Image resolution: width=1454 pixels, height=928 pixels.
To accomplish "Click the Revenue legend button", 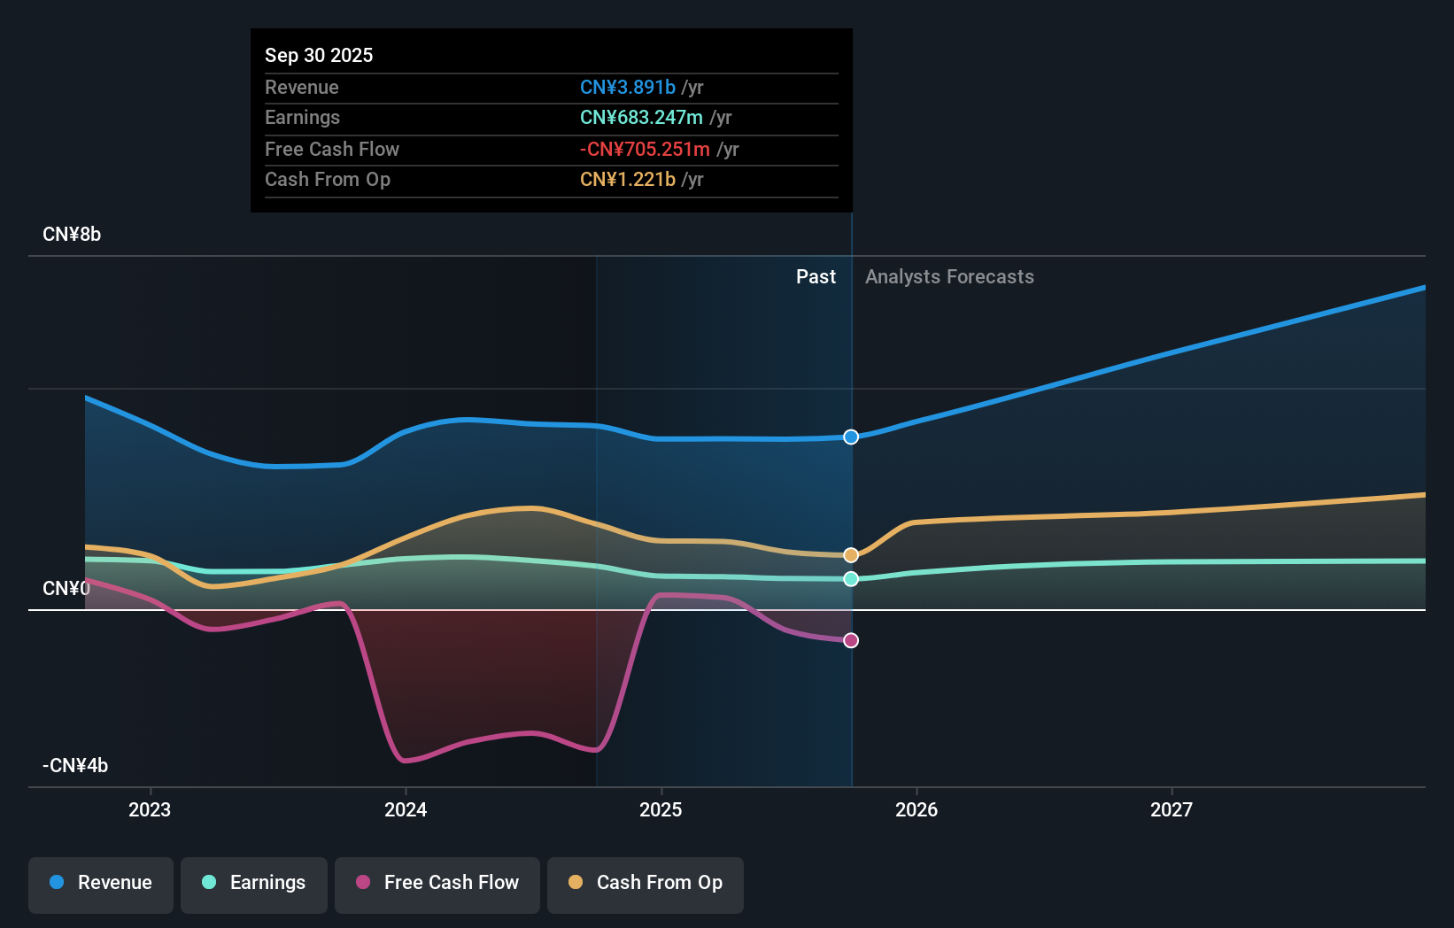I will (101, 883).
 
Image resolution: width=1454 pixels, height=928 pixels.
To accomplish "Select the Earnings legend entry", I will (254, 883).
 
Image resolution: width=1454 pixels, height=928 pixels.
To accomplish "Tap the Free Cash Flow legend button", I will (437, 883).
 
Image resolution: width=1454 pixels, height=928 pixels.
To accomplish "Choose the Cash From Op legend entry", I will (646, 883).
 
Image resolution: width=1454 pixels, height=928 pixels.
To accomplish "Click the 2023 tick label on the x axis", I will (150, 809).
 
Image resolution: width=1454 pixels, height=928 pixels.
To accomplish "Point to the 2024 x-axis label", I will (406, 809).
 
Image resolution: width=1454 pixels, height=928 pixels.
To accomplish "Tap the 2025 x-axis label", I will (661, 809).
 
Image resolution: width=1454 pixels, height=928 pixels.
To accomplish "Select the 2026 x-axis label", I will (916, 809).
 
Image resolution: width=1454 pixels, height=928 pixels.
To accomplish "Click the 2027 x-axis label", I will (1172, 809).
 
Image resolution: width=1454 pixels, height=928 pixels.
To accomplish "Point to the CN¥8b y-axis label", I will (72, 235).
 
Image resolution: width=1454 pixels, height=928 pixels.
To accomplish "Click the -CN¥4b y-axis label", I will (75, 765).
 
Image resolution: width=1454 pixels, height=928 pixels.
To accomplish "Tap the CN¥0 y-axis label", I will (66, 589).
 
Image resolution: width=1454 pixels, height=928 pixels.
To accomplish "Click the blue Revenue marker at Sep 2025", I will (851, 437).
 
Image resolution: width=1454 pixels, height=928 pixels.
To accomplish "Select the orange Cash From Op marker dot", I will (851, 555).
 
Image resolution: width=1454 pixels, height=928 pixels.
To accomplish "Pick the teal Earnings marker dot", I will (851, 579).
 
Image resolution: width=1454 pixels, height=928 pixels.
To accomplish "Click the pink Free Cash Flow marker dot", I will (851, 640).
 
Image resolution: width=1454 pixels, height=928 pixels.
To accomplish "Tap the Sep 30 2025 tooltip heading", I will (319, 55).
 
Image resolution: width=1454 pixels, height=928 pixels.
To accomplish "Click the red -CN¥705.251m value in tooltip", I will (645, 149).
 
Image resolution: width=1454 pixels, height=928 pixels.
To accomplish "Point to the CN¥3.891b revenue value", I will (628, 87).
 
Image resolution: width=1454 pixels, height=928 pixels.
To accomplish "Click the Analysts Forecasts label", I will (949, 277).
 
